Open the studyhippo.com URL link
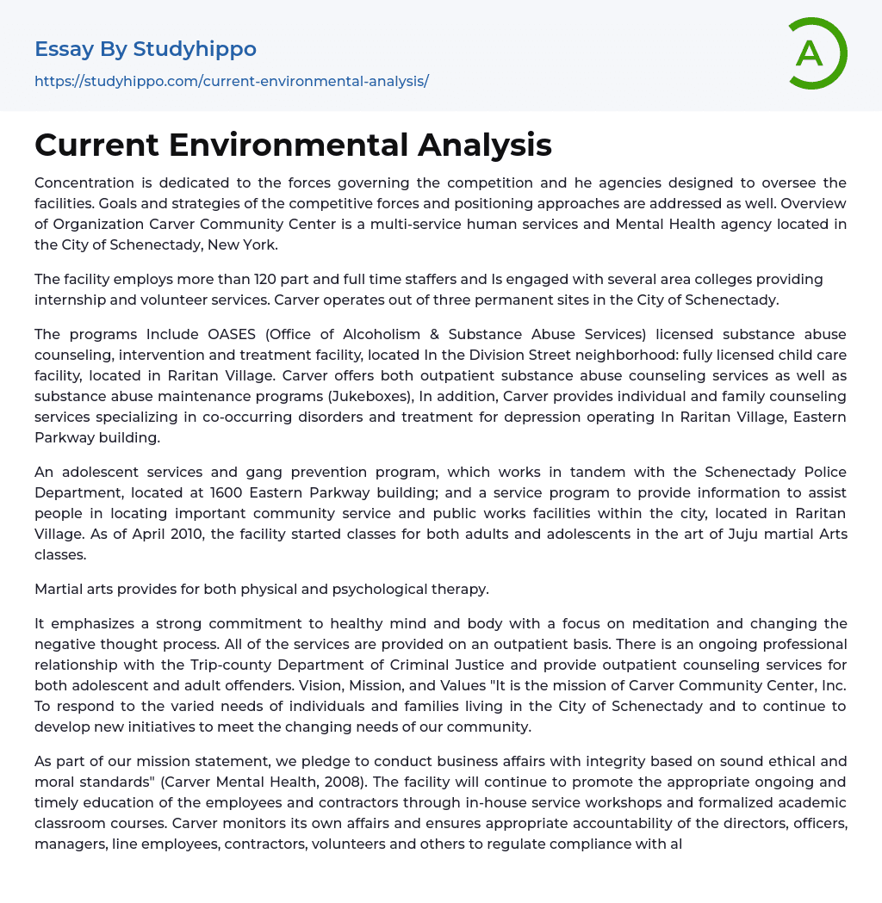click(232, 81)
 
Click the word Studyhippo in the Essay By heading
click(195, 49)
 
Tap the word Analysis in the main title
click(485, 145)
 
